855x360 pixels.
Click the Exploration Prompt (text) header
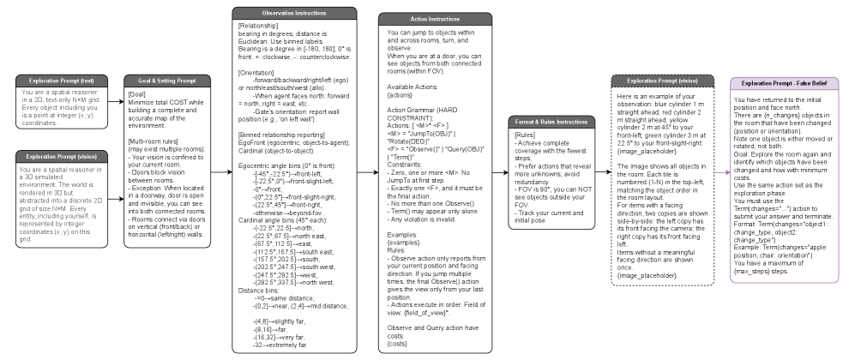[x=58, y=80]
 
